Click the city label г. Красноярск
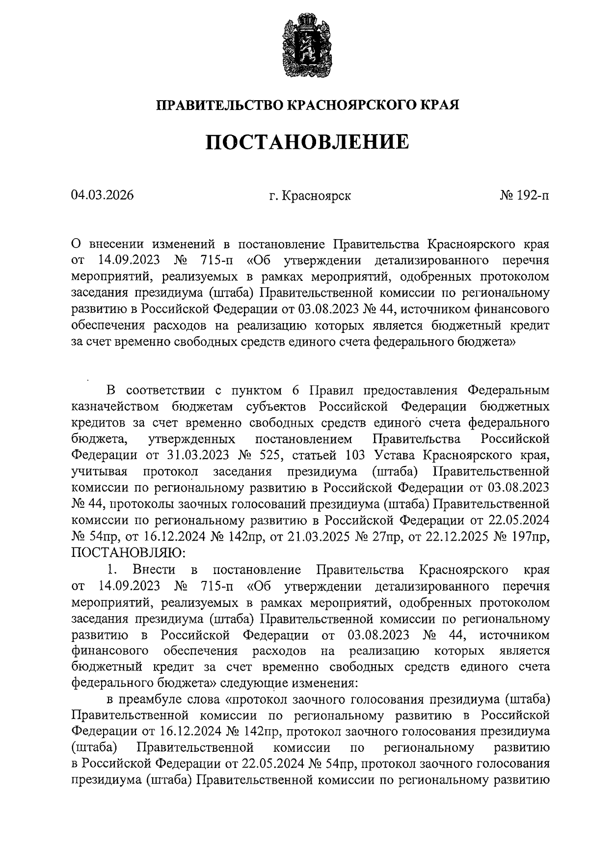[310, 196]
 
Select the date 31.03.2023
[198, 455]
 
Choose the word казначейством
[114, 407]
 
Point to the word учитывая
[100, 471]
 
